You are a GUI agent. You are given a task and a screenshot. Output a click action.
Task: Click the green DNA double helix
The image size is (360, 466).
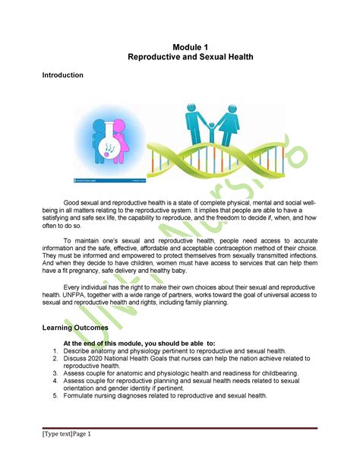tap(228, 160)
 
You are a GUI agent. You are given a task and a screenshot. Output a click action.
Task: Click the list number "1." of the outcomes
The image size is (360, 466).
tap(55, 351)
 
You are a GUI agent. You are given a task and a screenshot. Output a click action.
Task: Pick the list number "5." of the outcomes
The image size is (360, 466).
tap(55, 396)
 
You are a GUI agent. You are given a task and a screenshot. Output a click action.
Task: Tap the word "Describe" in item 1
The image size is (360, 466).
tap(79, 351)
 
